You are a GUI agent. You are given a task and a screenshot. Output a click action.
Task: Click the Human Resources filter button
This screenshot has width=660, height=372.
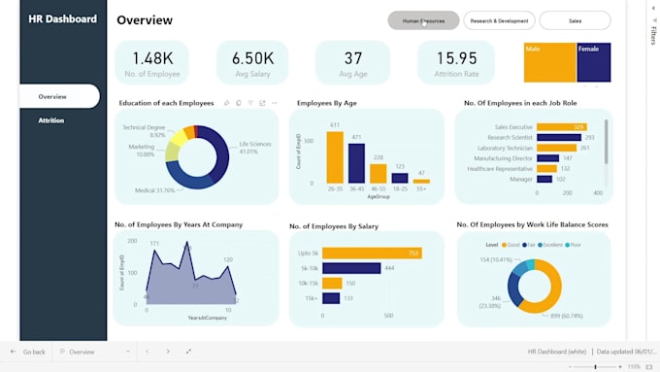point(422,20)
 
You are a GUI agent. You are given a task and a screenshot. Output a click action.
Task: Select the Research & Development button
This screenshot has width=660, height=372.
point(499,20)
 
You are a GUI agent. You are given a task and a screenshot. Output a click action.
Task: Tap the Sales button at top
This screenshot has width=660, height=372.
point(575,20)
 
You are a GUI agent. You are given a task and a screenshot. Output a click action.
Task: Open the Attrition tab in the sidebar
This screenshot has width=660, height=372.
point(51,120)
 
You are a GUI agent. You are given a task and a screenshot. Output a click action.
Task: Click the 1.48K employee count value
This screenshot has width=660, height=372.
point(152,58)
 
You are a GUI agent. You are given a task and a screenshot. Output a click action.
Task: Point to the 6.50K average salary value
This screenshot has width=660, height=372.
point(253,58)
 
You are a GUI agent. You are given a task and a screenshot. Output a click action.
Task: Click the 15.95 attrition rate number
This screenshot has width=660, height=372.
point(456,58)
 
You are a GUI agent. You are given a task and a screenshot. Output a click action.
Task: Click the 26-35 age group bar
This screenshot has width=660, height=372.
point(335,156)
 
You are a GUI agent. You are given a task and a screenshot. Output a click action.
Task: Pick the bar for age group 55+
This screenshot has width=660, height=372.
point(421,180)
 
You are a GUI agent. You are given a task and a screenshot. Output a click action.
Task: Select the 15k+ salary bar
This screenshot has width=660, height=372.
point(330,298)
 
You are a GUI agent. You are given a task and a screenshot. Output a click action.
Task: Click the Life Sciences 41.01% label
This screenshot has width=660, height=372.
point(254,148)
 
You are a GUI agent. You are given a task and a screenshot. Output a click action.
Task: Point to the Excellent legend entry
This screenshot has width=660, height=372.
point(550,245)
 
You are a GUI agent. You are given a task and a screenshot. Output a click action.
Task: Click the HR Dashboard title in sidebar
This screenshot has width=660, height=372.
point(62,19)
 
